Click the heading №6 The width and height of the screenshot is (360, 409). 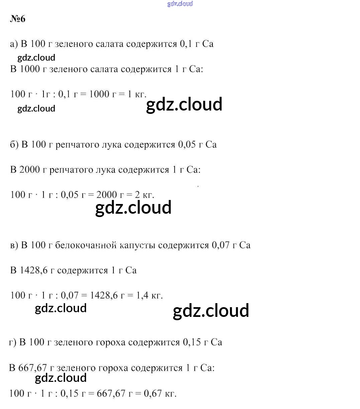18,19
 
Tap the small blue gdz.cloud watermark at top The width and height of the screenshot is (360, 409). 180,4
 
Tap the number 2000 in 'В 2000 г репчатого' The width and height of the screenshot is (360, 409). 29,170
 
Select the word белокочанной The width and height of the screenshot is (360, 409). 83,245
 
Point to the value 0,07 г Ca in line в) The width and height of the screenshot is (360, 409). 231,245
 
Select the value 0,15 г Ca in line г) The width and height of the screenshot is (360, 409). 202,342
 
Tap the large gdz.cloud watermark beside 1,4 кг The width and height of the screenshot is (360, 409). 211,311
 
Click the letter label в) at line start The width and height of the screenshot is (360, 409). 14,245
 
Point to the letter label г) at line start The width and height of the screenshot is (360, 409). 13,342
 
